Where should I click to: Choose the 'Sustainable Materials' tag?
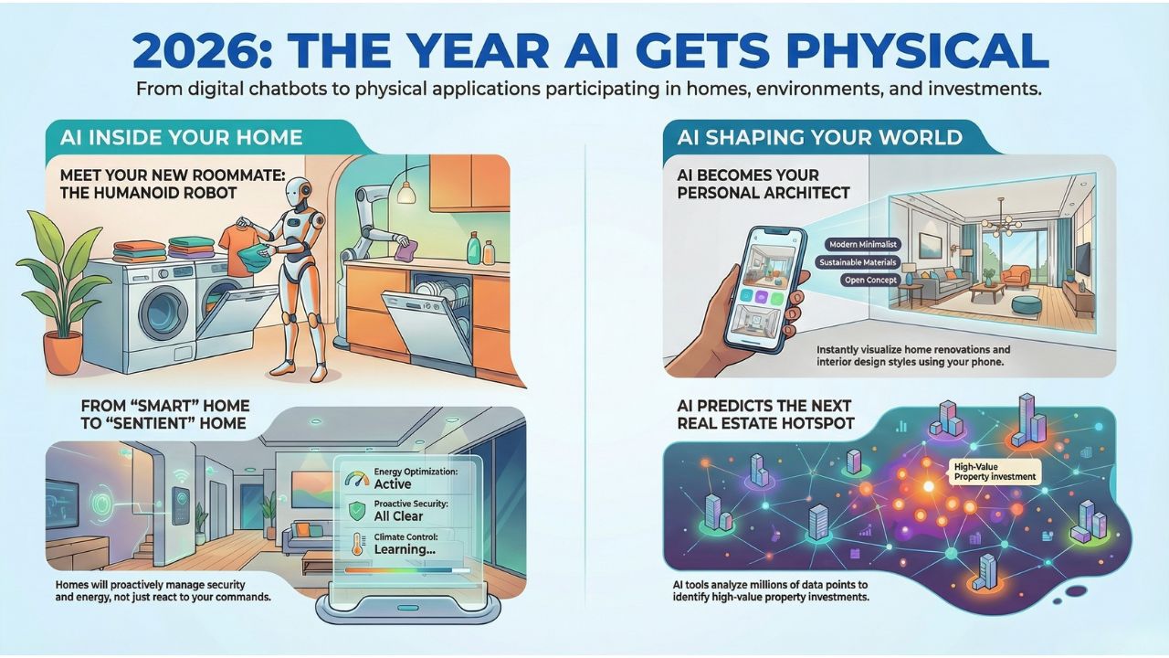tap(859, 262)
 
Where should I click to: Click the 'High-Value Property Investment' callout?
tap(994, 471)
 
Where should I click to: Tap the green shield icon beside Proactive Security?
tap(357, 509)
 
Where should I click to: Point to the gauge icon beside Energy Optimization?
tap(358, 476)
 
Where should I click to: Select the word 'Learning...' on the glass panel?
tap(404, 549)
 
